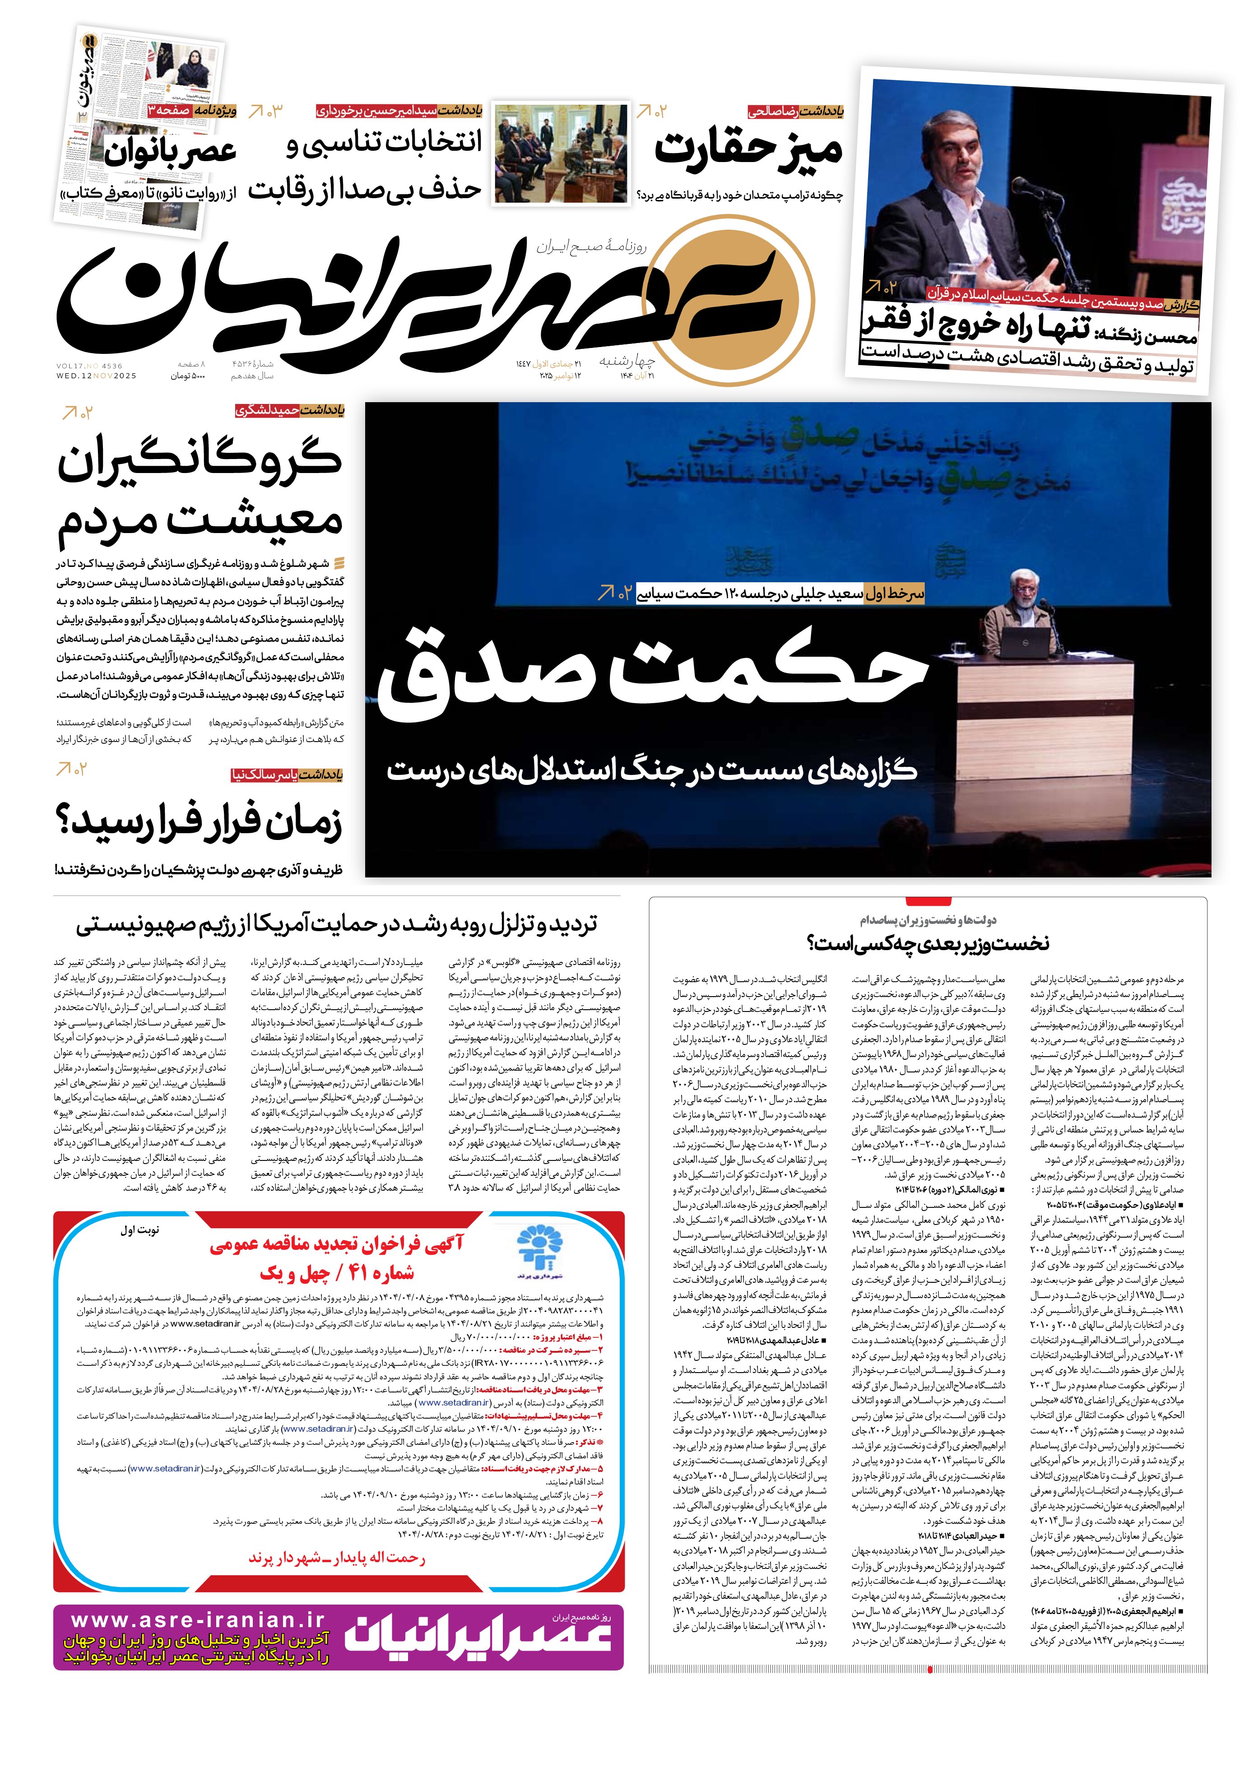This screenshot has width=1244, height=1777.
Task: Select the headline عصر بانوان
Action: [170, 151]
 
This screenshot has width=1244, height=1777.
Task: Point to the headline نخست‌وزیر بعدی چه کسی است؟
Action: [928, 943]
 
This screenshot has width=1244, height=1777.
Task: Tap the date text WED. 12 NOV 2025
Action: [96, 376]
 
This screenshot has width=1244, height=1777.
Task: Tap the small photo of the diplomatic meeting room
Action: [561, 153]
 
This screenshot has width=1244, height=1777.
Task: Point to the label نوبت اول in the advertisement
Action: [139, 1230]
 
